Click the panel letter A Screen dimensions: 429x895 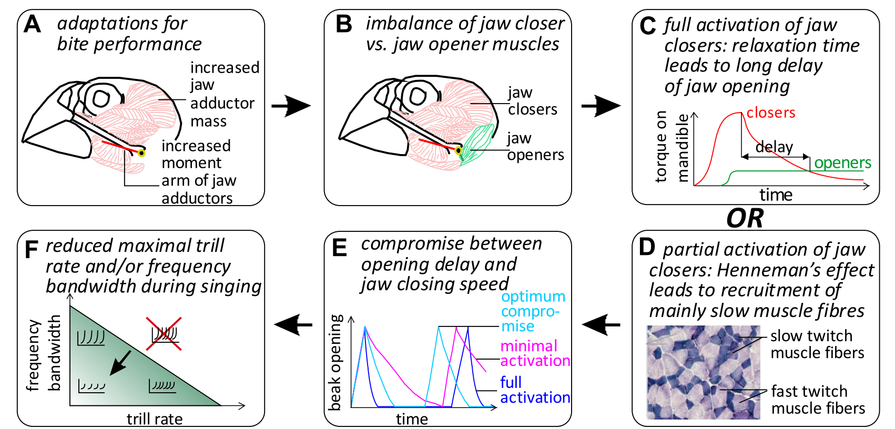32,24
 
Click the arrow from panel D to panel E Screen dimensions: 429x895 601,324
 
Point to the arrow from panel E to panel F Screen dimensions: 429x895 293,324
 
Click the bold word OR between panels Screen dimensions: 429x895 745,218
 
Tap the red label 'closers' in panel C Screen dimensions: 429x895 770,113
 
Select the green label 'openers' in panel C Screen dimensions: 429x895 842,163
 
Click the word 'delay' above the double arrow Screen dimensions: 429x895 774,147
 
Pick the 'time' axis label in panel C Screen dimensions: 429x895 776,195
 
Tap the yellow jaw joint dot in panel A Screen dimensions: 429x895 141,152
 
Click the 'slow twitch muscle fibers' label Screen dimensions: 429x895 817,344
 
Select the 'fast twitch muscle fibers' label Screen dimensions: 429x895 818,400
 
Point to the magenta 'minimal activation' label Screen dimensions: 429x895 535,353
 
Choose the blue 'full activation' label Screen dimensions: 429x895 535,390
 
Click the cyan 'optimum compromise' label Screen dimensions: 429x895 533,311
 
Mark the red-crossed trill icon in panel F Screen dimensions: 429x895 164,333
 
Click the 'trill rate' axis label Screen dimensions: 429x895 155,419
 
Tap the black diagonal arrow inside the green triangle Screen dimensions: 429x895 120,363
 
